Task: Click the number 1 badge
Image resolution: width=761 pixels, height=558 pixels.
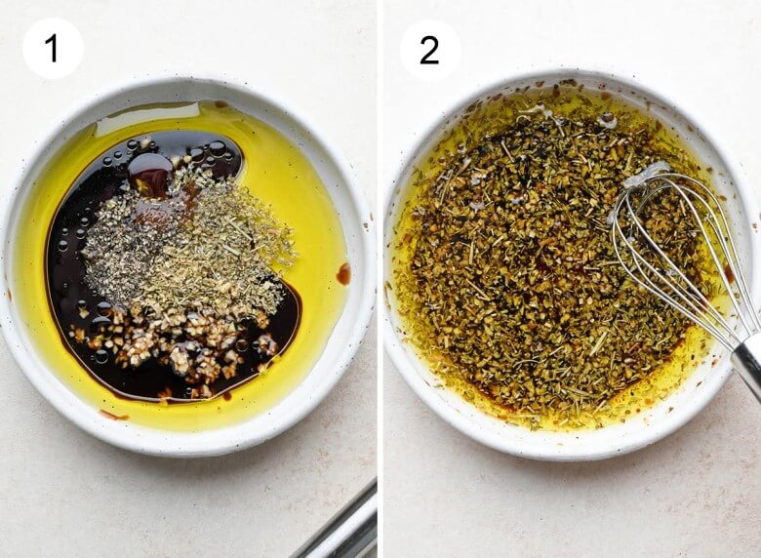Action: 53,49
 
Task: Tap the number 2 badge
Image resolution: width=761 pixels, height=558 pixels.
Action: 429,50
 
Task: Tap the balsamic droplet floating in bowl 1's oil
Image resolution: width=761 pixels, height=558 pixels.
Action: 343,274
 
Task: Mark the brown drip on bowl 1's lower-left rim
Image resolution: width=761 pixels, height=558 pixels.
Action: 114,416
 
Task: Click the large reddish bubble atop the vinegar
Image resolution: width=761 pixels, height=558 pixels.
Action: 150,169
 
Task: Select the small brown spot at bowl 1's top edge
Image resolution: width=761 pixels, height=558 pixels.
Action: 221,103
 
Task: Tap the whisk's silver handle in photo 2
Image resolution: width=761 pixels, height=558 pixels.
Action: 747,359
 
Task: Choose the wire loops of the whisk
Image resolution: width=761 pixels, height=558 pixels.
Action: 674,253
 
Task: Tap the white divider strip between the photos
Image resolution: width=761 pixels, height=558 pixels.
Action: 380,279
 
